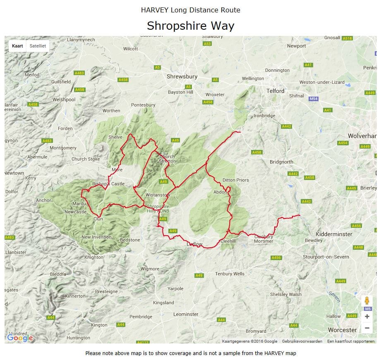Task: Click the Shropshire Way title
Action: pos(190,26)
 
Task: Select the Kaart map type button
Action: pos(17,46)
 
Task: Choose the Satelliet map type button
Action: pos(37,46)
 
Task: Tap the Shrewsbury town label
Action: pos(182,77)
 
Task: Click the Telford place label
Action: pos(276,91)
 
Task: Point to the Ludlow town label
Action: pos(194,244)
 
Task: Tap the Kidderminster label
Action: pos(333,234)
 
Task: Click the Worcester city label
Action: pos(342,330)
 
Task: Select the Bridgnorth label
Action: pos(281,162)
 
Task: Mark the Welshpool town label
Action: pos(64,99)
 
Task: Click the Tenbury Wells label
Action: pos(230,274)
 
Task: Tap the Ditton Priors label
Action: pos(236,180)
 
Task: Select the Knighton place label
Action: pos(94,257)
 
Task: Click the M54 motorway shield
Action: pos(313,99)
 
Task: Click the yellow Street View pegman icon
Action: pos(367,301)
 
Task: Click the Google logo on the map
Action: pos(20,338)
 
